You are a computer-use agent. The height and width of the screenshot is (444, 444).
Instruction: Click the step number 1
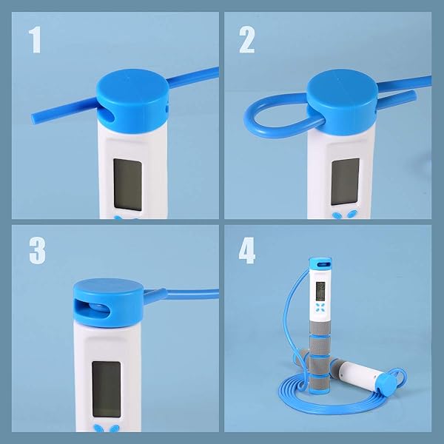click(x=35, y=40)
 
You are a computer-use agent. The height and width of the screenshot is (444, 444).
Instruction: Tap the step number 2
click(x=247, y=40)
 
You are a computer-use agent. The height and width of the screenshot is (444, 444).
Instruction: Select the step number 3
click(x=37, y=251)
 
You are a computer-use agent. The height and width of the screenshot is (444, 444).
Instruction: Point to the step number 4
click(x=247, y=251)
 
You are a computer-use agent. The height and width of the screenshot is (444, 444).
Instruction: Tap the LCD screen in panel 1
click(x=128, y=184)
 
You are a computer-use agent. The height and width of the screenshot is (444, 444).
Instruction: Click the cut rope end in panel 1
click(x=33, y=118)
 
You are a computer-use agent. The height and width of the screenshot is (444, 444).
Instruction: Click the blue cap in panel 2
click(x=342, y=102)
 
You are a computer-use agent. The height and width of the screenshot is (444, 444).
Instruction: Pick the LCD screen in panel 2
click(x=345, y=181)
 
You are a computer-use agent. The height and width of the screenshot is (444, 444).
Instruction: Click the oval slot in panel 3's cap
click(x=92, y=308)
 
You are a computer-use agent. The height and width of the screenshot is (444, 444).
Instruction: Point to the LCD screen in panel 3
click(x=107, y=389)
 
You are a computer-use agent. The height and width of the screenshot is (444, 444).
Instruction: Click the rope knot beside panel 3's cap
click(x=155, y=295)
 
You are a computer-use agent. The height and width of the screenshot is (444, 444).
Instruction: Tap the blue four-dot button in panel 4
click(x=320, y=307)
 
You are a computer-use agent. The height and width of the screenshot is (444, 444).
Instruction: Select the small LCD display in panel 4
click(x=320, y=292)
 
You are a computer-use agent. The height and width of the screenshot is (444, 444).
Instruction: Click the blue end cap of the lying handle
click(x=386, y=383)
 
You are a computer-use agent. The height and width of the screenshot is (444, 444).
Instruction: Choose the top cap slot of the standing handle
click(x=321, y=265)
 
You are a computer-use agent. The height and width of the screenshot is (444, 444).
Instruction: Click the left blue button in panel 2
click(x=337, y=215)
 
